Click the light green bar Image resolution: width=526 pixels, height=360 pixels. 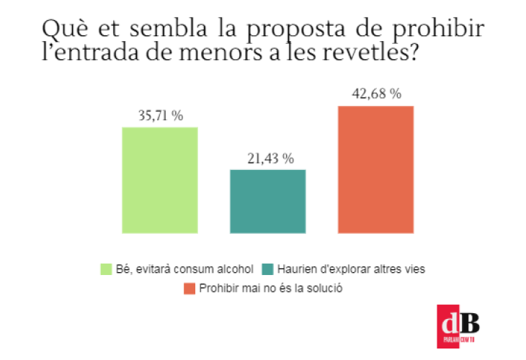(159, 180)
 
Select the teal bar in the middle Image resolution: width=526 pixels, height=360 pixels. (267, 201)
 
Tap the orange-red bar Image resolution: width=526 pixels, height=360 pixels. (375, 169)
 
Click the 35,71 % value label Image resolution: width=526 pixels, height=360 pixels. (159, 115)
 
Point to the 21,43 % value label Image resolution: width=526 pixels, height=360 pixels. (267, 158)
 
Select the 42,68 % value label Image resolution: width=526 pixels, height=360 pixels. (375, 94)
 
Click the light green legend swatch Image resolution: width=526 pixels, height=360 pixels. (106, 269)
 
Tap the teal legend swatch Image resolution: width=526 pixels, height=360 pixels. (268, 269)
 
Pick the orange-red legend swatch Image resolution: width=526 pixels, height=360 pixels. (190, 288)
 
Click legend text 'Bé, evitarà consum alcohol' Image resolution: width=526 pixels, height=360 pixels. (184, 269)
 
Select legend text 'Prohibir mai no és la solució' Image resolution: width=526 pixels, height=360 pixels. (269, 288)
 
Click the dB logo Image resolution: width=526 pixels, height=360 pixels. (458, 326)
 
